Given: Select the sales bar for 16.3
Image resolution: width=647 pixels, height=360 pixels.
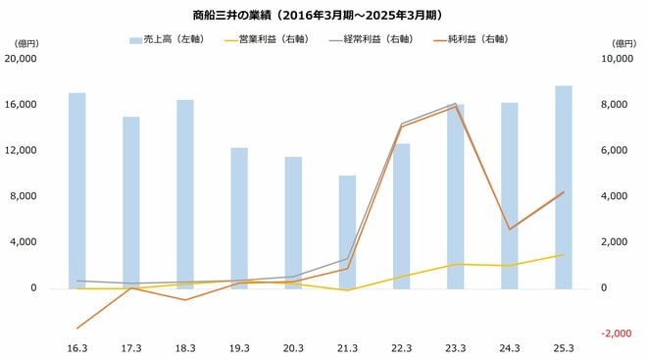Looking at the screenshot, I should [x=76, y=191].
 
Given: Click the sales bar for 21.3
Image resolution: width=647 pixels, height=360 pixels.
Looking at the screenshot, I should [x=347, y=232].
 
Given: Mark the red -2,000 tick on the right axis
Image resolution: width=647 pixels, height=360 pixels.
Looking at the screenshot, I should [x=615, y=334].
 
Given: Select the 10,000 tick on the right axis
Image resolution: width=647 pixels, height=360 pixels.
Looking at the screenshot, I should [x=614, y=59].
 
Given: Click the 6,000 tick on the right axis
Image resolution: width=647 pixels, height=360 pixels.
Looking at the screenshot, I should [x=615, y=150].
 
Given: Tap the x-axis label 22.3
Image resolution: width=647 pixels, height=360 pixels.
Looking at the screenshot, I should [x=402, y=347].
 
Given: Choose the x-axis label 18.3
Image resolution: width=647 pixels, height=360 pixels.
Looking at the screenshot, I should [x=185, y=347].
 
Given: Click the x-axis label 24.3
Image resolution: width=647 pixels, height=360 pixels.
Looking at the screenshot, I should [x=510, y=347].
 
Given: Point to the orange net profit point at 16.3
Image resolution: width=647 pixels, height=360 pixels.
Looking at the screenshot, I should [x=76, y=328].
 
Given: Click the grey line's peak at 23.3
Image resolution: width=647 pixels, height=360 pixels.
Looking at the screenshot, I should [x=456, y=103].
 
